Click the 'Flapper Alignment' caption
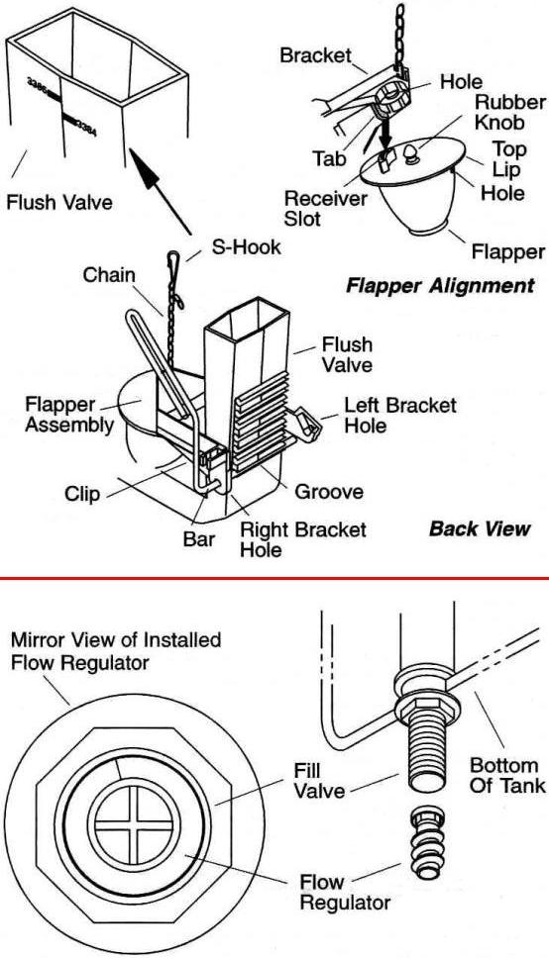[440, 286]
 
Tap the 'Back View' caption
[480, 528]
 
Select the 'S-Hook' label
[246, 247]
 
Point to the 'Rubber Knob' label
[509, 112]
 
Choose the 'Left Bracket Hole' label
[400, 415]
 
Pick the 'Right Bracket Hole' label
[302, 539]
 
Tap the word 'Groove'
[329, 492]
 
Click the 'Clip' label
[82, 494]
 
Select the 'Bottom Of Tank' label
[507, 775]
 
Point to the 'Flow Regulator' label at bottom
[345, 893]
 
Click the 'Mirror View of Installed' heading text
[116, 640]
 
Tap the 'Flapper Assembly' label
[68, 415]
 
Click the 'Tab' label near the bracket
[330, 159]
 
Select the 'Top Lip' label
[509, 159]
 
